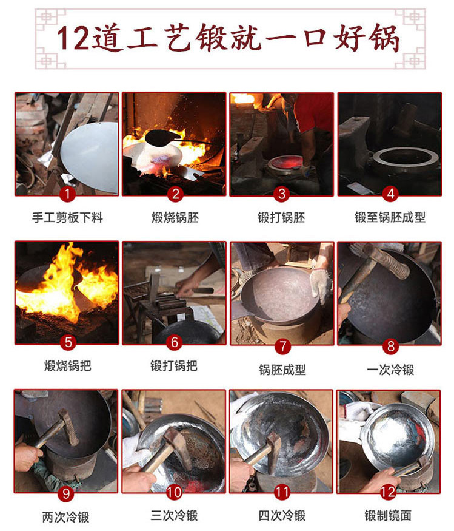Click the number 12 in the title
75,38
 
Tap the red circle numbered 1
67,194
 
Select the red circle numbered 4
389,194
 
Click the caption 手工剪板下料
67,217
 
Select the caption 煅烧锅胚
175,217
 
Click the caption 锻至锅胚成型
390,217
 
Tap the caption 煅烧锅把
67,366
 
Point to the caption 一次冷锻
390,369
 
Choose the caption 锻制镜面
388,515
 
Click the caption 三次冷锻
174,515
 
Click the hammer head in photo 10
176,439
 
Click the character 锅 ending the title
382,38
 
